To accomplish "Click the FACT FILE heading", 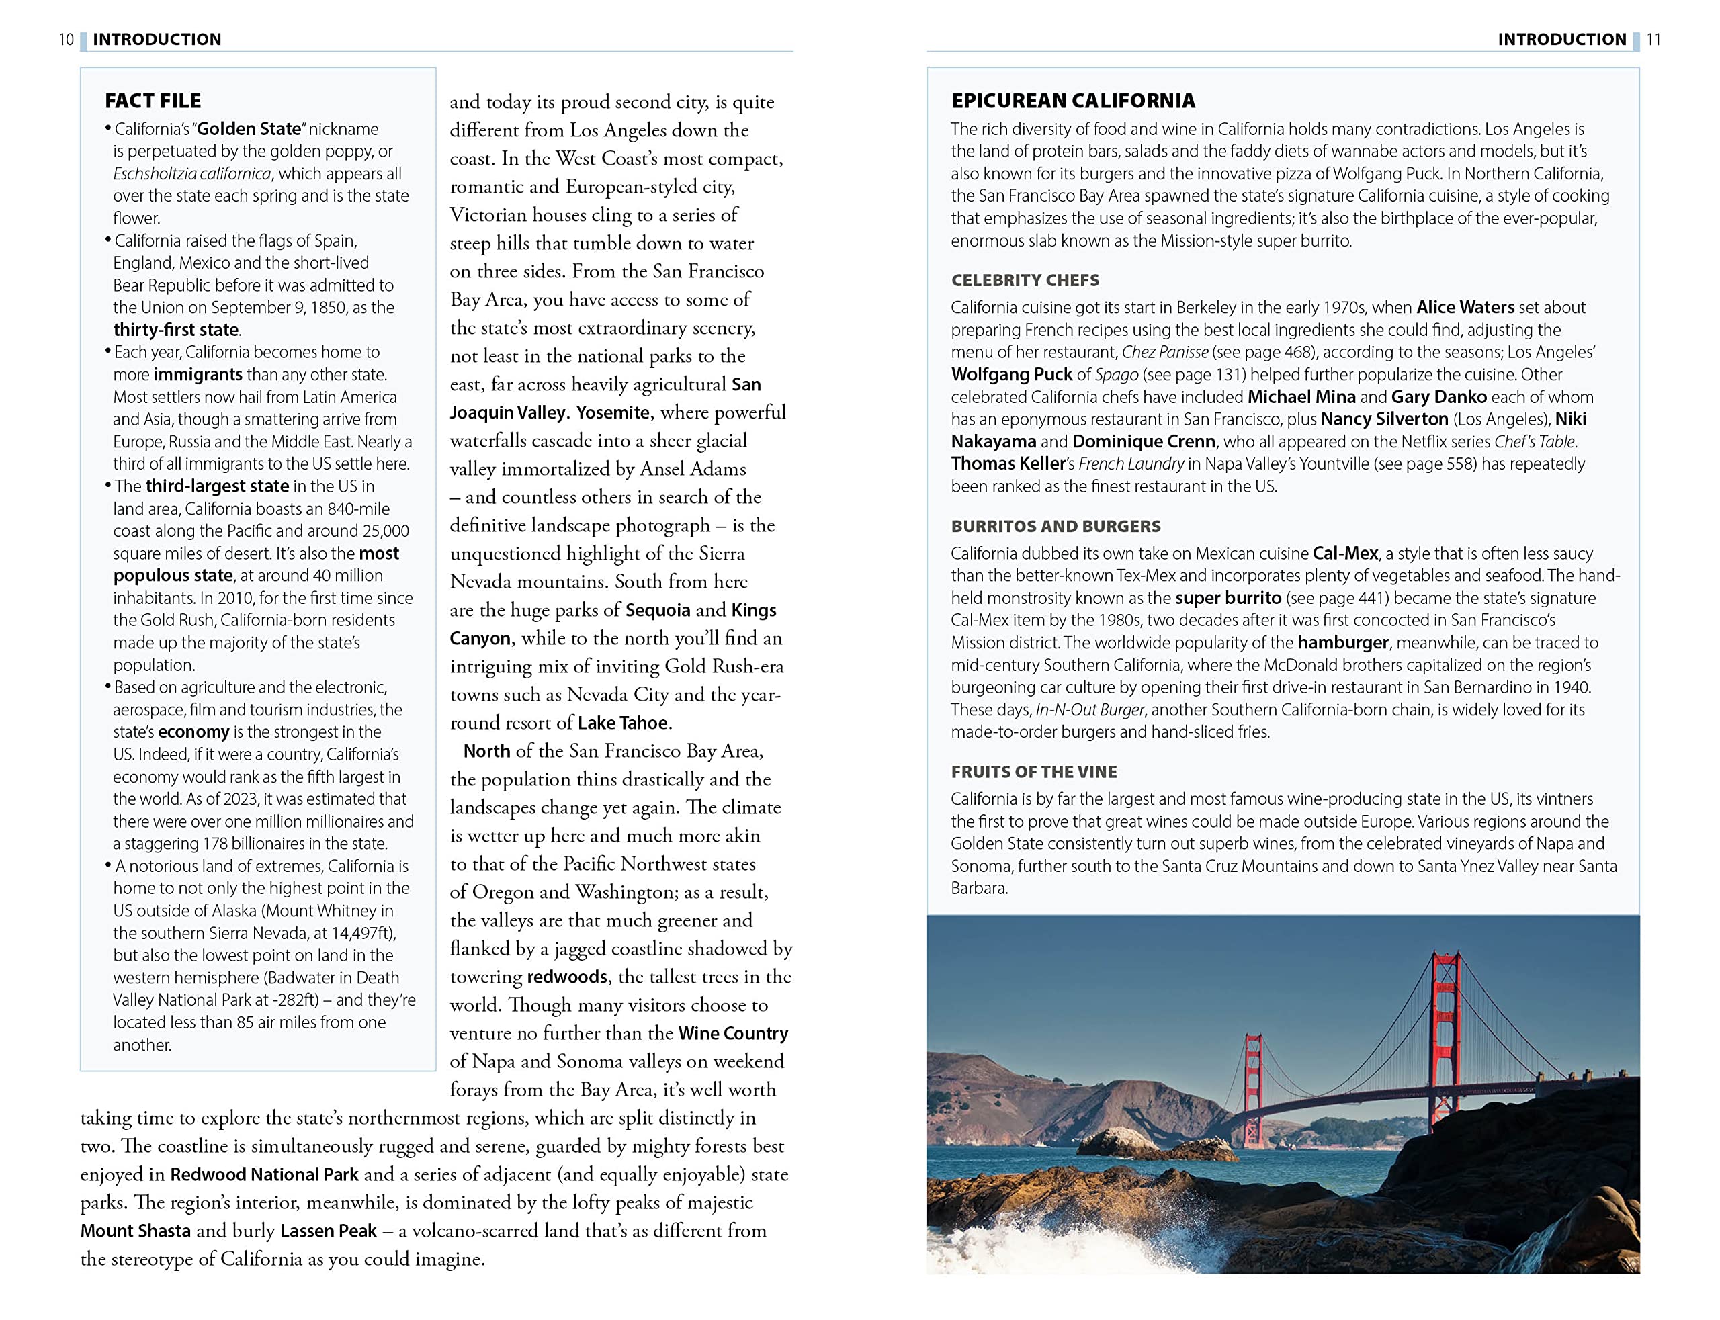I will tap(153, 101).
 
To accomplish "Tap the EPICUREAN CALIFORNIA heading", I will tap(1072, 101).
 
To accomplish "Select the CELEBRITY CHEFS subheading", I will tap(1025, 281).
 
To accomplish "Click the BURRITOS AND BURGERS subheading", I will tap(1056, 527).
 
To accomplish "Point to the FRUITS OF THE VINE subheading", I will tap(1033, 772).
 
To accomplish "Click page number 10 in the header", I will tap(66, 39).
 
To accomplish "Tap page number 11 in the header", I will tap(1653, 39).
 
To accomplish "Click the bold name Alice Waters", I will tap(1465, 307).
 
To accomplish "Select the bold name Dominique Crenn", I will tap(1144, 441).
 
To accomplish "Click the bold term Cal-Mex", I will tap(1345, 553).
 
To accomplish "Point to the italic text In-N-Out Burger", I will tap(1090, 709).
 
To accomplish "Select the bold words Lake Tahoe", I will tap(622, 723).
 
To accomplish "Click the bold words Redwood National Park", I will tap(264, 1174).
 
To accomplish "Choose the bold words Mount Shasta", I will tap(135, 1231).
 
